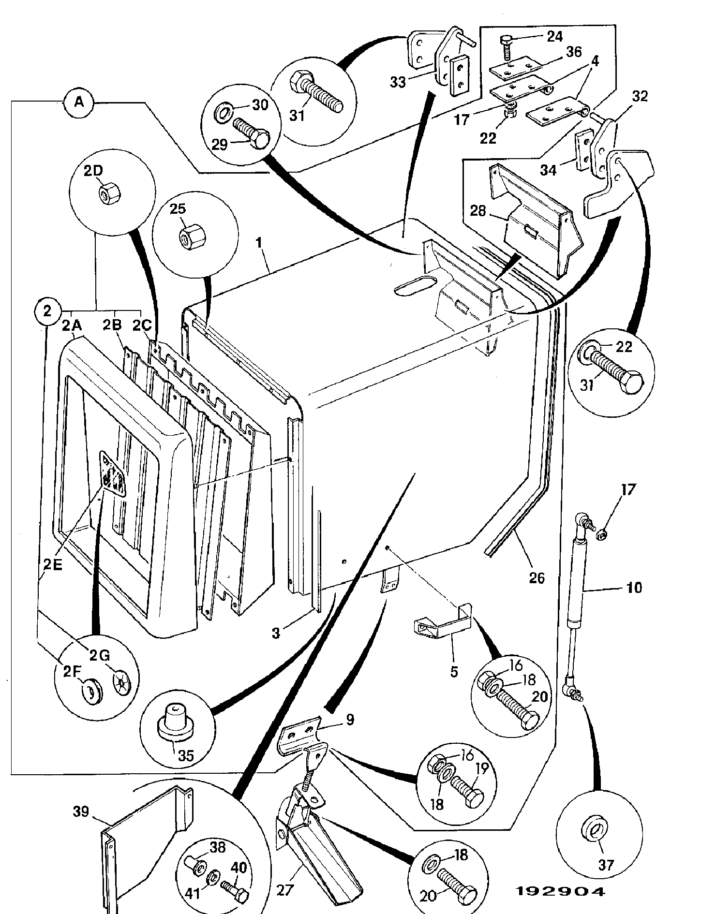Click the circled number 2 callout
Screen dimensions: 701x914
[47, 311]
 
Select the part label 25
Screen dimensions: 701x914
[179, 209]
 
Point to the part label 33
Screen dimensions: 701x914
[398, 82]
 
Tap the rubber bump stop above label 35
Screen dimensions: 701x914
[177, 726]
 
